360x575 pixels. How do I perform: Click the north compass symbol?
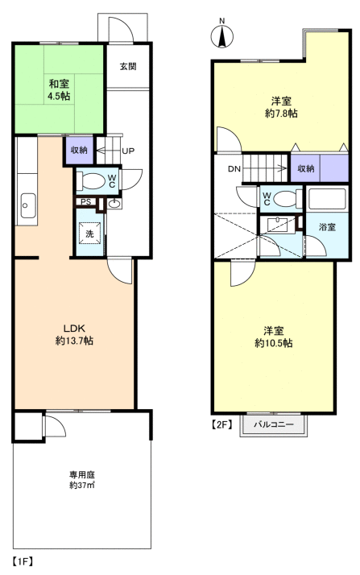coord(221,37)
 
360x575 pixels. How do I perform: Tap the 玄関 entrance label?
coord(128,66)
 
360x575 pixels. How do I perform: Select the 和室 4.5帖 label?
coord(59,90)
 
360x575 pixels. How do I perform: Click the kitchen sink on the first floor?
coord(28,205)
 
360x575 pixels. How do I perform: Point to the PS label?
coord(86,202)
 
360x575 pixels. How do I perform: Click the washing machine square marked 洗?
coord(90,234)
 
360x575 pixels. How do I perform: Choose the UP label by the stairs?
coord(128,151)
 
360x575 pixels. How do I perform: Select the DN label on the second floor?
coord(234,169)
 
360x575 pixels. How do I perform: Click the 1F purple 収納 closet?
coord(79,151)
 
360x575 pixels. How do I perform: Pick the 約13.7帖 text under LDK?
coord(74,341)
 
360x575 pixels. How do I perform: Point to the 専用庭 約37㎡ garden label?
coord(82,480)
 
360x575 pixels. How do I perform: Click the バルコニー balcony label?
coord(274,424)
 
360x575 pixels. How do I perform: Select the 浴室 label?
coord(327,227)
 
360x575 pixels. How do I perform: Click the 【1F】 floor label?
coord(23,561)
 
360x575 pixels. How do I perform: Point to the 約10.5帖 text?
coord(274,343)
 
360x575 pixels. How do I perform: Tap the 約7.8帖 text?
coord(281,114)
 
